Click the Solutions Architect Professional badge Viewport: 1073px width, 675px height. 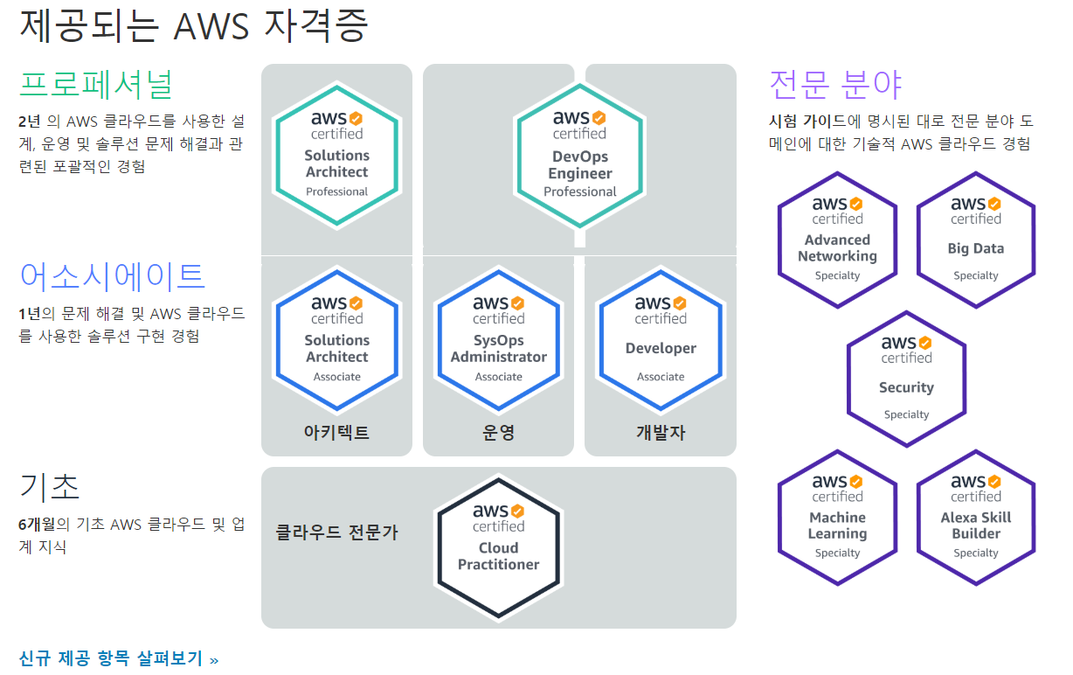pyautogui.click(x=336, y=154)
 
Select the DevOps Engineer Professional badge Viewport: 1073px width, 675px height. pyautogui.click(x=579, y=154)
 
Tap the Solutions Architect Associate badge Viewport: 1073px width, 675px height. pyautogui.click(x=336, y=339)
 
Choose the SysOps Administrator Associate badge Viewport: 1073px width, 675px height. pyautogui.click(x=498, y=339)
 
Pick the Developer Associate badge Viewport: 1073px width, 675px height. pyautogui.click(x=661, y=339)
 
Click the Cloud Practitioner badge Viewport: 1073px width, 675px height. pyautogui.click(x=498, y=547)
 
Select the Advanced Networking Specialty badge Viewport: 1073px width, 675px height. pyautogui.click(x=837, y=240)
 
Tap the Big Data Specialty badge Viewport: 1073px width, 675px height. pyautogui.click(x=975, y=240)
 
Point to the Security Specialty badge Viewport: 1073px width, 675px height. pyautogui.click(x=906, y=379)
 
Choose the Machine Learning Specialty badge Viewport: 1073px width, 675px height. pyautogui.click(x=837, y=517)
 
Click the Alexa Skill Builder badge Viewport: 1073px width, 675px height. pyautogui.click(x=975, y=517)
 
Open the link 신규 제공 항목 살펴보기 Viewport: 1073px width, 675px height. pyautogui.click(x=119, y=658)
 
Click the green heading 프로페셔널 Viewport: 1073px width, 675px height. pyautogui.click(x=96, y=85)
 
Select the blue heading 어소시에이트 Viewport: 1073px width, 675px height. pyautogui.click(x=112, y=276)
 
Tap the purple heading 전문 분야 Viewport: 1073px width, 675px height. pyautogui.click(x=834, y=85)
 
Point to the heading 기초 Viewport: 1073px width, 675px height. pyautogui.click(x=50, y=486)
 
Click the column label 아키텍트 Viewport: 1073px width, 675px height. pyautogui.click(x=336, y=433)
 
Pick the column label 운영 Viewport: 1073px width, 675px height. pyautogui.click(x=498, y=433)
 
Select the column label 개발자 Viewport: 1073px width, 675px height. pyautogui.click(x=661, y=433)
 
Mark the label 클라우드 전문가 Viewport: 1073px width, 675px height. pyautogui.click(x=336, y=532)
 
